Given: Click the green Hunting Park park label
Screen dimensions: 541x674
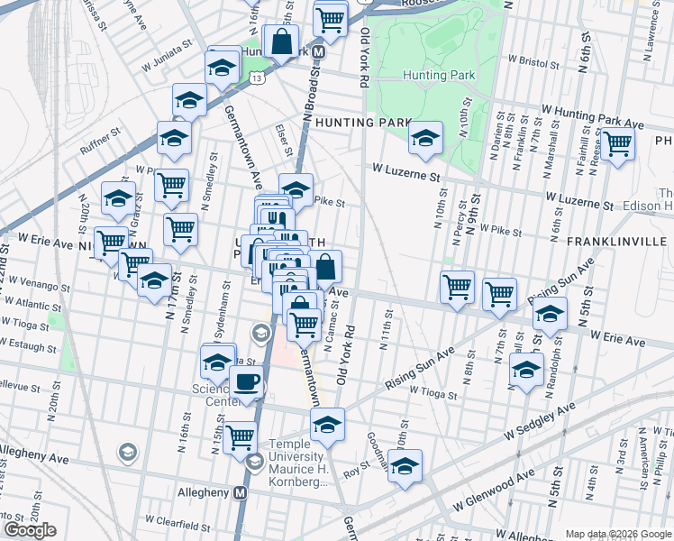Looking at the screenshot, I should click(438, 76).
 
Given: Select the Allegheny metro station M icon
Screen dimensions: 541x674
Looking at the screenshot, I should click(240, 493).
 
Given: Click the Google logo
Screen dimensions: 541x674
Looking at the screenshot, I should click(30, 530).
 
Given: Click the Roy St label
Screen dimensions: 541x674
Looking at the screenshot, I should click(358, 468).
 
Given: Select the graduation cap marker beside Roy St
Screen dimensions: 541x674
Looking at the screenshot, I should click(405, 467).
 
